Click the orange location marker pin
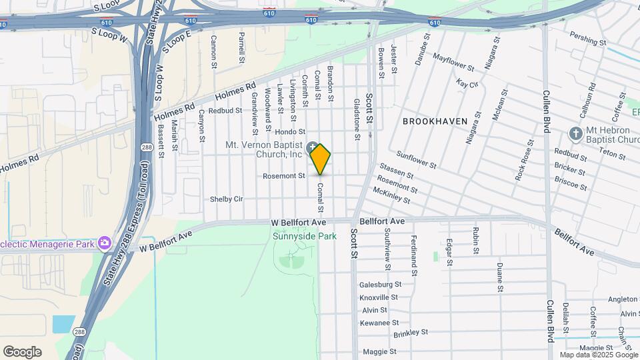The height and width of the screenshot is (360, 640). pyautogui.click(x=321, y=159)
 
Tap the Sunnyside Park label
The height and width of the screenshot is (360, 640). pyautogui.click(x=305, y=236)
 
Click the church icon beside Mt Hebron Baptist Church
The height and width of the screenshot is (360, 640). pyautogui.click(x=575, y=133)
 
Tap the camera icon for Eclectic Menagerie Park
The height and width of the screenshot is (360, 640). pyautogui.click(x=103, y=244)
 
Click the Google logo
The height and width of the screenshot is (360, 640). pyautogui.click(x=22, y=352)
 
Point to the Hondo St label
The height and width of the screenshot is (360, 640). pyautogui.click(x=289, y=132)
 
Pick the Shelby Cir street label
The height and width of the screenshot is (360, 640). pyautogui.click(x=227, y=199)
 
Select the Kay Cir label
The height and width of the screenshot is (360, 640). pyautogui.click(x=467, y=83)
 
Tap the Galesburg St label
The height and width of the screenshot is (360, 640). pyautogui.click(x=380, y=285)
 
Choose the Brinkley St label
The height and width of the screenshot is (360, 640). pyautogui.click(x=411, y=332)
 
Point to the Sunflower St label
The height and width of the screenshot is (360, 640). pyautogui.click(x=416, y=160)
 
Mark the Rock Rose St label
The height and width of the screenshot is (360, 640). pyautogui.click(x=524, y=160)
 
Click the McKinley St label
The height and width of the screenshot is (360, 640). pyautogui.click(x=391, y=194)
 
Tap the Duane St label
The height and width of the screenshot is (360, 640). pyautogui.click(x=499, y=278)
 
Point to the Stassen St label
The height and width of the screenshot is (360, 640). pyautogui.click(x=397, y=171)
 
